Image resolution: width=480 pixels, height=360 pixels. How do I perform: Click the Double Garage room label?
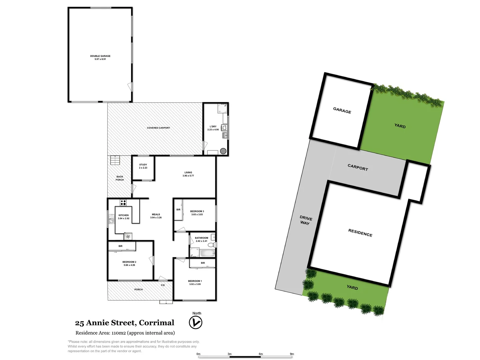100,56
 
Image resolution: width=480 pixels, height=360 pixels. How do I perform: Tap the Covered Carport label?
158,128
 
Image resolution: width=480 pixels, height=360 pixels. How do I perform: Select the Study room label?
143,165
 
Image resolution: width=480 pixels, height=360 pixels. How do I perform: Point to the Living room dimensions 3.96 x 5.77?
188,176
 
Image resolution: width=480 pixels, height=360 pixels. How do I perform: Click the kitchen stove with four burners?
123,202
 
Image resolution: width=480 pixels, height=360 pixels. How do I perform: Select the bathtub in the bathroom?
207,253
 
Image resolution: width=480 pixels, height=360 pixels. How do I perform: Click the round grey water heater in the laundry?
223,151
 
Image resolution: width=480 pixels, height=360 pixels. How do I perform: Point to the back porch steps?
115,160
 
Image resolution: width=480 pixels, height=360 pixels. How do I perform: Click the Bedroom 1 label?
195,281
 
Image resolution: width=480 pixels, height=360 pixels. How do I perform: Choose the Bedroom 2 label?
129,262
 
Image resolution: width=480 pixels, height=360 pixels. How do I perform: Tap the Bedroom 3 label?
197,211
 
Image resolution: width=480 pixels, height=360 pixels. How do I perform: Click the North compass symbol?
196,322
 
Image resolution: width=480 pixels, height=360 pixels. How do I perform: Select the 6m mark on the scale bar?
261,354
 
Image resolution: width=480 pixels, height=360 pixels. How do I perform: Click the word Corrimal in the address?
156,323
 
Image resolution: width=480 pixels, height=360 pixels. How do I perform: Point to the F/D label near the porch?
163,285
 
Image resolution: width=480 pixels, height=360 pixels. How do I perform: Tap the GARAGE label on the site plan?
342,111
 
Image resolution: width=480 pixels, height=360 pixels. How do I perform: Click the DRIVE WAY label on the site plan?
306,220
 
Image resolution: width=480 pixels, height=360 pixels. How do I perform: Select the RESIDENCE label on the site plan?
360,233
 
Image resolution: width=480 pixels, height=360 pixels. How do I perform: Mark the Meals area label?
156,214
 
